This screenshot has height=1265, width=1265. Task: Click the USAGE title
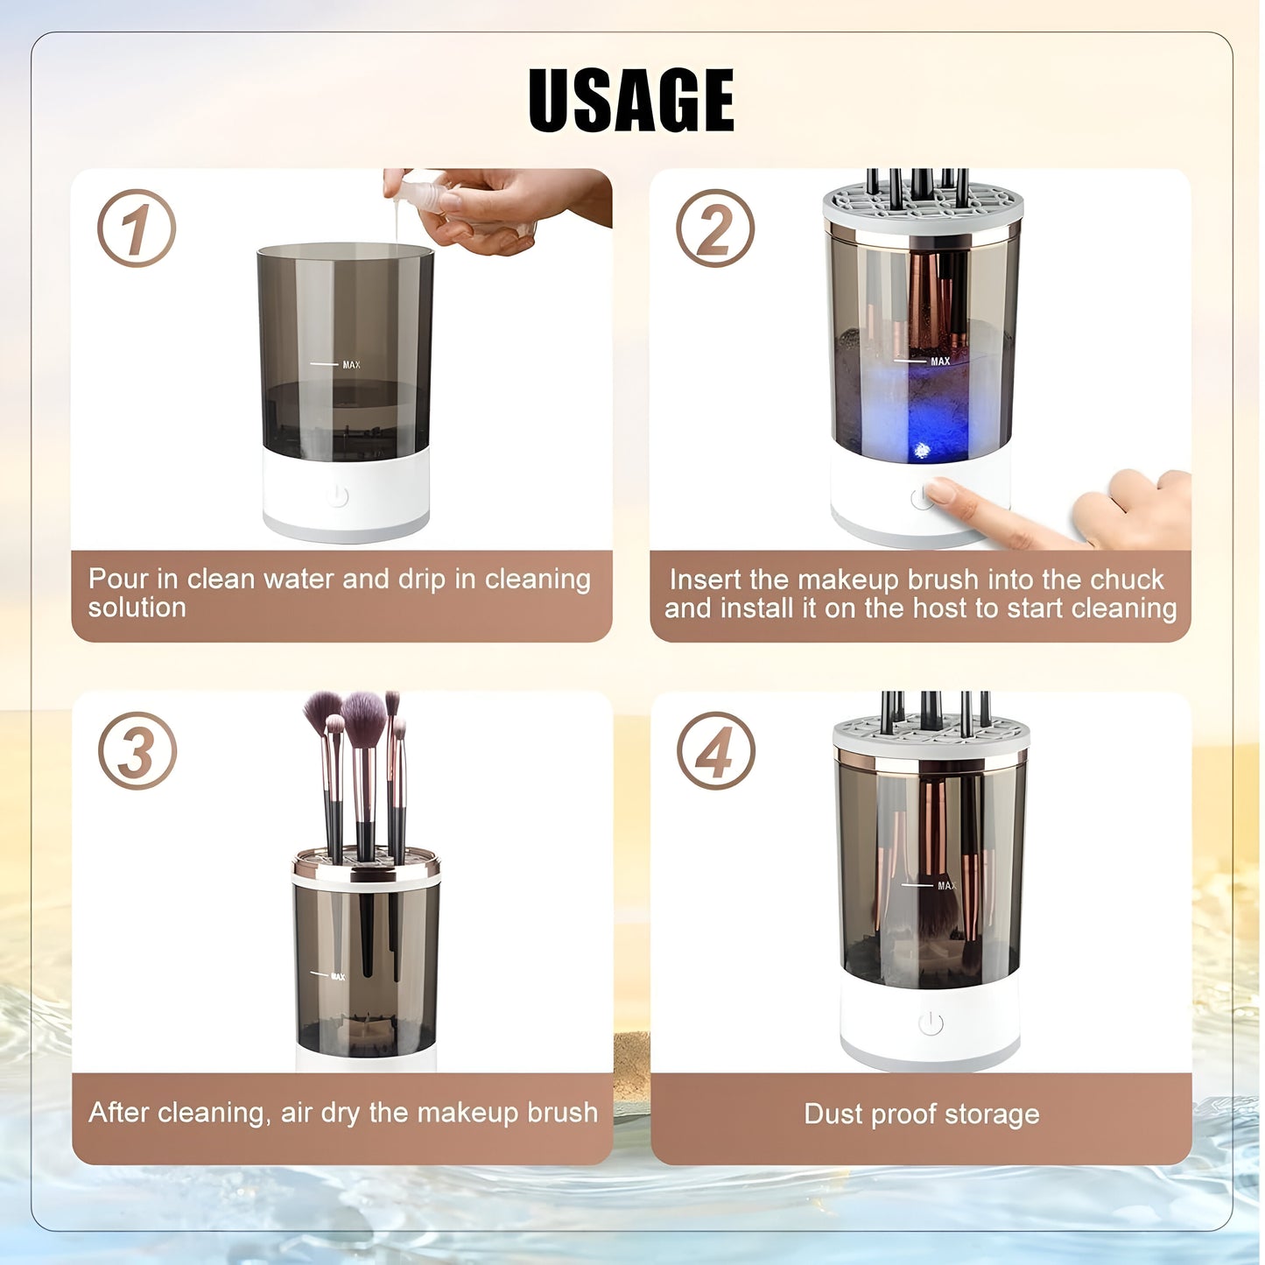(631, 100)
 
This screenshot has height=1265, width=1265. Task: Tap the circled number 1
(137, 228)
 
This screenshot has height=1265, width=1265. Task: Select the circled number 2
(715, 228)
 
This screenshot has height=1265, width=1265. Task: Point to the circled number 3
(137, 751)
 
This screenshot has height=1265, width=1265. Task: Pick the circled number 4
(715, 751)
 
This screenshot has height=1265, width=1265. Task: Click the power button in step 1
(338, 496)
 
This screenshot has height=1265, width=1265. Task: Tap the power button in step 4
(931, 1023)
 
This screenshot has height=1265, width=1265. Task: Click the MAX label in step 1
(351, 364)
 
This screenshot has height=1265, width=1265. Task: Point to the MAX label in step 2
(939, 361)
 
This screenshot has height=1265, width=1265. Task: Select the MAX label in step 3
(338, 976)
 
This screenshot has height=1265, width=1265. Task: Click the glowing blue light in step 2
(922, 450)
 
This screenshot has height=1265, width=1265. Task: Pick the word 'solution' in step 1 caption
(137, 608)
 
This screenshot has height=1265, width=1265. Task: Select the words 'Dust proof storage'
(921, 1114)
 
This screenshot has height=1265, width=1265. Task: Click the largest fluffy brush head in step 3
(364, 718)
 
